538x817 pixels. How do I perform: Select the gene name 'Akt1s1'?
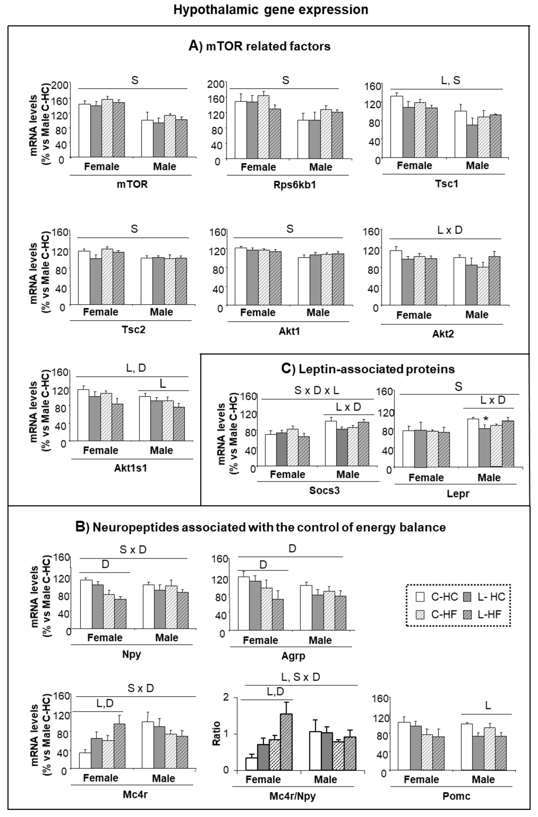pos(131,468)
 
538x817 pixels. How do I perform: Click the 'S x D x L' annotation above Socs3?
pos(316,391)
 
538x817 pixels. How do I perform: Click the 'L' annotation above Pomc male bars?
pos(488,706)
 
